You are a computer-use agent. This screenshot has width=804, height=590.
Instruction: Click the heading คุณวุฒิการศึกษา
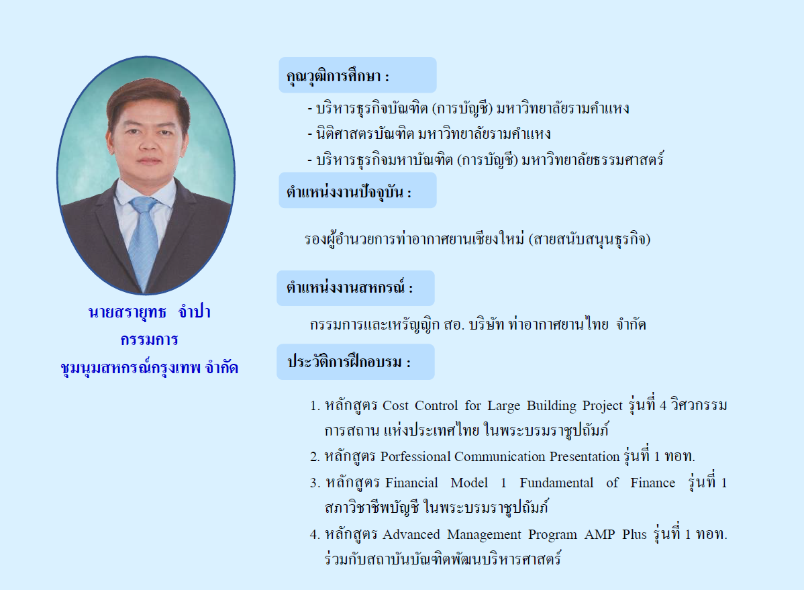coord(334,77)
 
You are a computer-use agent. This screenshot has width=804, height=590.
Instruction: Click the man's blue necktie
coord(144,241)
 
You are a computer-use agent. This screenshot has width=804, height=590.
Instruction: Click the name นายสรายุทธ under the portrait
coord(127,312)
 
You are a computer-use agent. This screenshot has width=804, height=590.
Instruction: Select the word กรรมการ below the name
coord(149,340)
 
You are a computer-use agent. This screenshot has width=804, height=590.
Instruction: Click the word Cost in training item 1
coord(395,406)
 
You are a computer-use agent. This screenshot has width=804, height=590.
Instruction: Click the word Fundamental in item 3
coord(556,483)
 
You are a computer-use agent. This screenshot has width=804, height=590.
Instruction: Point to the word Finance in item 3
coord(653,483)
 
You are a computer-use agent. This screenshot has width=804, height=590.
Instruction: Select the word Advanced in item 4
coord(411,534)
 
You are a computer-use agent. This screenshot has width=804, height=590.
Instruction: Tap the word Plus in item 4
coord(634,534)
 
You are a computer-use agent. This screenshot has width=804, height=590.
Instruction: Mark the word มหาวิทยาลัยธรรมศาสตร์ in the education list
coord(592,160)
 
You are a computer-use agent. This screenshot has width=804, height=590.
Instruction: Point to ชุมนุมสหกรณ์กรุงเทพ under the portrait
coord(131,368)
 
